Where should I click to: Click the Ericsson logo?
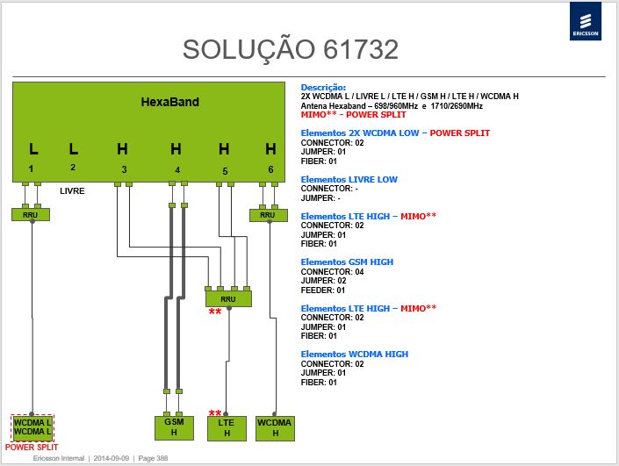click(x=586, y=21)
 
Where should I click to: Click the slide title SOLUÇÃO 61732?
click(x=290, y=50)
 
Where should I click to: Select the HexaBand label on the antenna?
click(x=170, y=102)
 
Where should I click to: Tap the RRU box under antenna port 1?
click(x=31, y=215)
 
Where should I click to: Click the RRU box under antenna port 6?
click(x=269, y=215)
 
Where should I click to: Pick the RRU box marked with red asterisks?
click(x=228, y=298)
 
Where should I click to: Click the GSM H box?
click(x=174, y=427)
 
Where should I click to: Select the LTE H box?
click(x=227, y=428)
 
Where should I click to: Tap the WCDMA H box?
click(x=275, y=428)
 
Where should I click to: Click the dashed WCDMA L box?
click(x=32, y=427)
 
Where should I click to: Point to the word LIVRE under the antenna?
click(x=72, y=191)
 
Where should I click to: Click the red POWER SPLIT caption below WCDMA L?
click(x=32, y=448)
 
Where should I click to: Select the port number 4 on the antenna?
click(x=177, y=170)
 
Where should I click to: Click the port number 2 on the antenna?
click(x=73, y=168)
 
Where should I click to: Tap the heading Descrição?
click(x=323, y=88)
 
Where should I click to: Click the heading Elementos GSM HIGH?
click(x=347, y=262)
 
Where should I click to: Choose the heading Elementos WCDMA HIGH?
click(x=355, y=355)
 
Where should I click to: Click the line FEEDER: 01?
click(x=323, y=290)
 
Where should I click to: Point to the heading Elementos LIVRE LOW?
click(x=349, y=180)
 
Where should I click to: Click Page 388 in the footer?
click(x=153, y=458)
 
